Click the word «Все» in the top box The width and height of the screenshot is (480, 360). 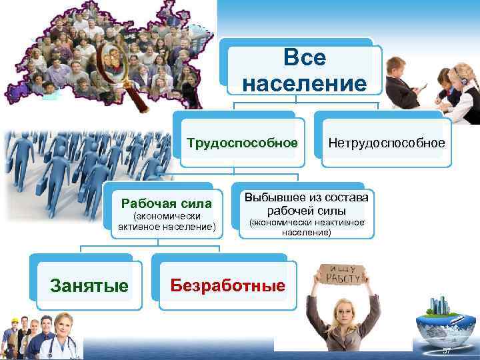304,58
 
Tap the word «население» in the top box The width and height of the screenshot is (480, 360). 304,83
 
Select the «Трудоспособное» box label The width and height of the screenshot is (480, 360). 241,143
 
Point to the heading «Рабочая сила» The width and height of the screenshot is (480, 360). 166,203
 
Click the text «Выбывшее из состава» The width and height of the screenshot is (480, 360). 306,197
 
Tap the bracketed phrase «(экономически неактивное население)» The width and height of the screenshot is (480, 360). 306,228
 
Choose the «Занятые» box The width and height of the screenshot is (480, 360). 89,286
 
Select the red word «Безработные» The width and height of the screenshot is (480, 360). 227,285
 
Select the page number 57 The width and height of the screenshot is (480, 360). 447,351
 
